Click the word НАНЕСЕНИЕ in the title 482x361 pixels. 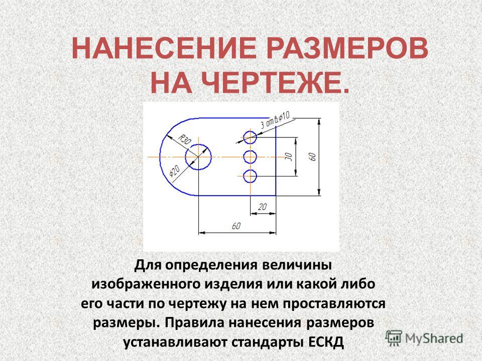pos(164,49)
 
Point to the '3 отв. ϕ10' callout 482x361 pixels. pos(275,120)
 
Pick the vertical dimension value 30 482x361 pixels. pos(289,156)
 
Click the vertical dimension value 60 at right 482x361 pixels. pos(313,156)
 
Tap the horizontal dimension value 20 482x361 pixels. pos(262,207)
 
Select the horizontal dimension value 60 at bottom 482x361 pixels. pos(236,226)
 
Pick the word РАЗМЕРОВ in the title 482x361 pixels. pos(347,49)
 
